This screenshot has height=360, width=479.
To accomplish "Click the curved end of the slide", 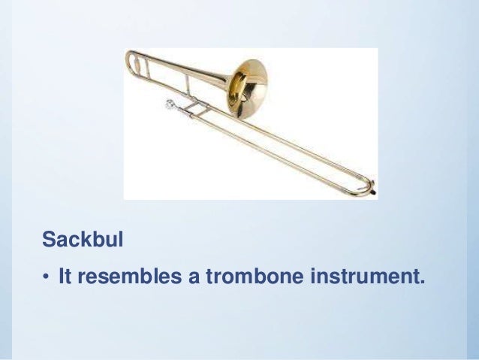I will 368,181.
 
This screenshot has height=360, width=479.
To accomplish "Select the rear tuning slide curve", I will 131,61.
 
